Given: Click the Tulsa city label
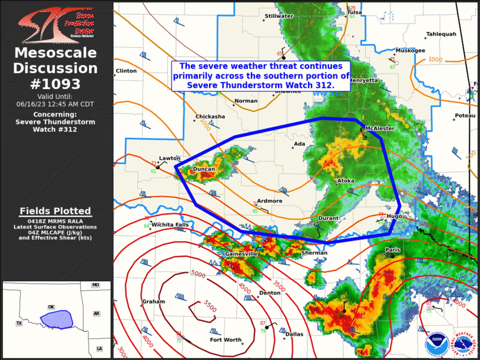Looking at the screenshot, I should pyautogui.click(x=354, y=12).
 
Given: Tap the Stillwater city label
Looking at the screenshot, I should pyautogui.click(x=279, y=16).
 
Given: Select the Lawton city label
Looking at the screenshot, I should pyautogui.click(x=169, y=158).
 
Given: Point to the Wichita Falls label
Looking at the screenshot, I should pyautogui.click(x=170, y=224).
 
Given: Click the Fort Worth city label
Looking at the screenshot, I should pyautogui.click(x=226, y=340).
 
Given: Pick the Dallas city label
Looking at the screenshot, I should pyautogui.click(x=294, y=334).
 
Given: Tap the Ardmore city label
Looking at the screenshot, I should pyautogui.click(x=269, y=201).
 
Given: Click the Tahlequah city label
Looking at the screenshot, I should pyautogui.click(x=441, y=34).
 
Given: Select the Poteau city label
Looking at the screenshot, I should pyautogui.click(x=465, y=116).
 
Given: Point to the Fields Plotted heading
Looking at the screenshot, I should pyautogui.click(x=55, y=211).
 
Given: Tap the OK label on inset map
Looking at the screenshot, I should pyautogui.click(x=51, y=307).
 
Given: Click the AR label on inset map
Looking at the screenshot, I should pyautogui.click(x=95, y=313).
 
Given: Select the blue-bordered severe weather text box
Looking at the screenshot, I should pyautogui.click(x=261, y=75).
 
